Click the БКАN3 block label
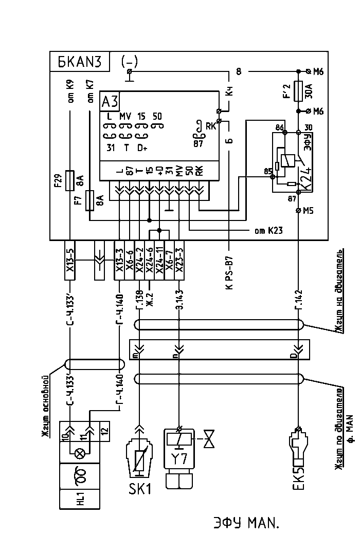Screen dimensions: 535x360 [x=80, y=62]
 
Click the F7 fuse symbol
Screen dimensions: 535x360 [x=90, y=200]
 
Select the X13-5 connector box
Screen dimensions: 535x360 [x=71, y=260]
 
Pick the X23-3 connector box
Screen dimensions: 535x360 [x=179, y=260]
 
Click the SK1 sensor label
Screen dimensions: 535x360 [x=140, y=488]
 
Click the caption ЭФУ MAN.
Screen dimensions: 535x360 [x=245, y=523]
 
